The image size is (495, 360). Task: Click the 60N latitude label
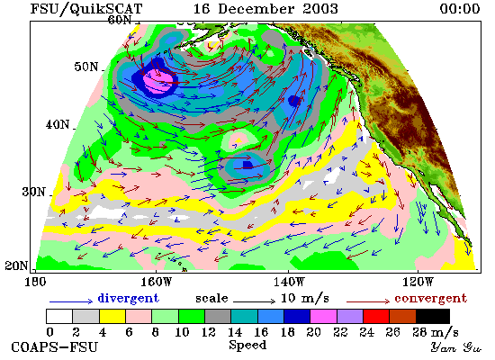120,20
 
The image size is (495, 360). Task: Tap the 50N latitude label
86,67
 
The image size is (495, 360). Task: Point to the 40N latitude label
58,124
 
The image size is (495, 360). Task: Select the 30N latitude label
33,192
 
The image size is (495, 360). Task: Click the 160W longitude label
157,282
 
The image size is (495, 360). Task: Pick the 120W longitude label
418,282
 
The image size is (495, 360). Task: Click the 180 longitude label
35,282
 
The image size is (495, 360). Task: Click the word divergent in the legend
129,298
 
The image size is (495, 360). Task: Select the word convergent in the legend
430,298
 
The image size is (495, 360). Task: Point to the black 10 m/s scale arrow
255,301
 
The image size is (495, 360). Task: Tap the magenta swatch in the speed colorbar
323,317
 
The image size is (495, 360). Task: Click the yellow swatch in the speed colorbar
112,317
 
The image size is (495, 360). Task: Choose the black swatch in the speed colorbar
433,317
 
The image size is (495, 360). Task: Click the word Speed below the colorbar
247,346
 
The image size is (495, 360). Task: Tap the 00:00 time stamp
460,8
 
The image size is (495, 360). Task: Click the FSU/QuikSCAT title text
86,9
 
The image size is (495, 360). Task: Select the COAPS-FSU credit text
54,347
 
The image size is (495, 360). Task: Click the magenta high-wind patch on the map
158,81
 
